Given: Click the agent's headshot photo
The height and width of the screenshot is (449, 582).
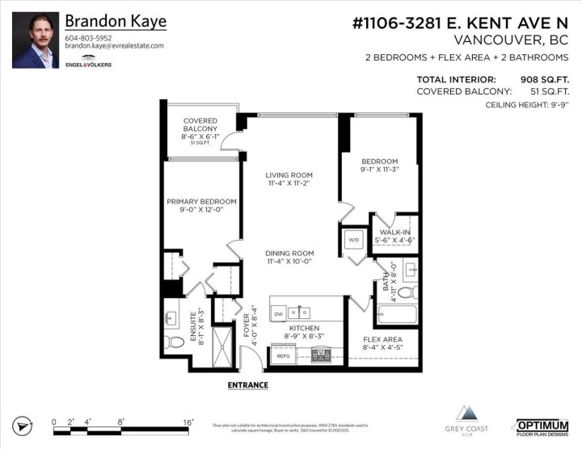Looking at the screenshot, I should click(36, 40).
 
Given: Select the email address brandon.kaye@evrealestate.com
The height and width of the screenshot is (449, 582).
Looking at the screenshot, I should click(114, 46).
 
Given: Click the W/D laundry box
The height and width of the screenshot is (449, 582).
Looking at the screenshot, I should click(353, 240).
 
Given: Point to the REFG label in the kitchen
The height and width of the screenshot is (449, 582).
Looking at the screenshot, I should click(283, 355).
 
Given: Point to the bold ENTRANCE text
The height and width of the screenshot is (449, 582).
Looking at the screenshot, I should click(247, 385).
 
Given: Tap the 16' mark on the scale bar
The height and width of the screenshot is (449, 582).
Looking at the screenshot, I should click(187, 422).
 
